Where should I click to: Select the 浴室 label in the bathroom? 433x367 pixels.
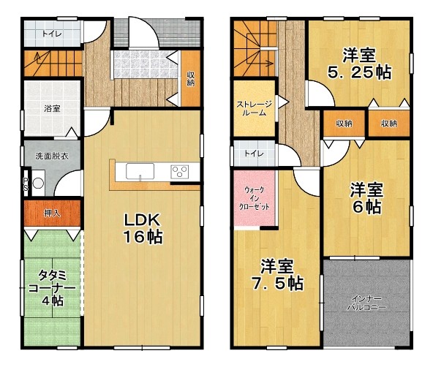(x=51, y=109)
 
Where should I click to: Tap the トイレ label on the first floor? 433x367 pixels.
(x=51, y=34)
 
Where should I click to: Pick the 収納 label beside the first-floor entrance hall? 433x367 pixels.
(x=190, y=78)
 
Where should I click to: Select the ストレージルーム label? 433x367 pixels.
(x=254, y=109)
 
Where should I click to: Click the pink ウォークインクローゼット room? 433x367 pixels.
(x=254, y=198)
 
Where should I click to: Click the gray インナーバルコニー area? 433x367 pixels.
(x=366, y=302)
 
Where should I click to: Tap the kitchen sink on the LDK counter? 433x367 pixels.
(x=138, y=173)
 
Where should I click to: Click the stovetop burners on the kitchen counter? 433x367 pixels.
(x=179, y=173)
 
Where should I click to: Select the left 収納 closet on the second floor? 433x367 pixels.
(x=344, y=124)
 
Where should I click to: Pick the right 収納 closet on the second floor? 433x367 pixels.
(x=388, y=124)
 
